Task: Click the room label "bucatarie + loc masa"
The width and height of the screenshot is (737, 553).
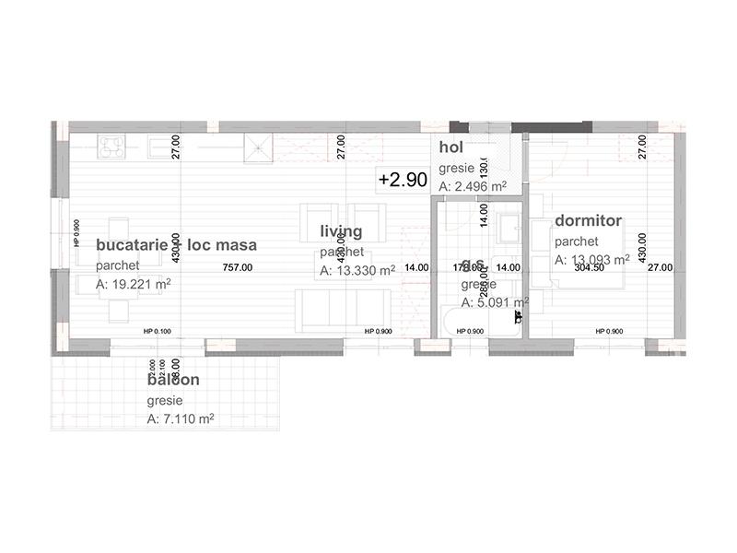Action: point(176,245)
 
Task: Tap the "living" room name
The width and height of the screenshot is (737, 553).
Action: point(341,231)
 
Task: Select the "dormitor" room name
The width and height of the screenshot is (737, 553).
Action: point(589,221)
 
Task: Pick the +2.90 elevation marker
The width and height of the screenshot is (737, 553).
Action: point(403,181)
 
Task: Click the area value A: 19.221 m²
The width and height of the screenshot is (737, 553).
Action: point(133,285)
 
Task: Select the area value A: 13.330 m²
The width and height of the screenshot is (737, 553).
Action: point(357,271)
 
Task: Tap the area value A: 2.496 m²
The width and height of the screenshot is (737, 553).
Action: point(474,187)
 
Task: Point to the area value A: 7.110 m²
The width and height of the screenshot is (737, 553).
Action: point(181,418)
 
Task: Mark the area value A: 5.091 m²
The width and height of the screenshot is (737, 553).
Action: point(495,301)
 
